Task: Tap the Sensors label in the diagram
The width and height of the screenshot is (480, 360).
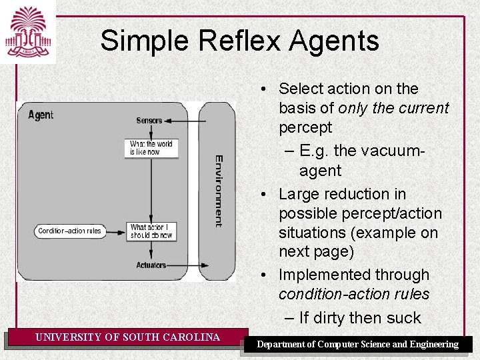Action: (149, 121)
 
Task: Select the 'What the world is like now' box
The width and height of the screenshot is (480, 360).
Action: (151, 148)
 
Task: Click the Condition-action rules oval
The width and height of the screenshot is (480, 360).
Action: (70, 231)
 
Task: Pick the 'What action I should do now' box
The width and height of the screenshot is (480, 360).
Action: (151, 231)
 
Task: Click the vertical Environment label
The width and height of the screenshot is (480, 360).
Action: (218, 191)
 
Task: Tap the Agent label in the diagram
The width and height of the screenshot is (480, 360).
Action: (41, 115)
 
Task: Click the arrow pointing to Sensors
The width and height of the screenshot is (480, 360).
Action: (183, 121)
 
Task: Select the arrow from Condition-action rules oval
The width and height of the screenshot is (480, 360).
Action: (115, 231)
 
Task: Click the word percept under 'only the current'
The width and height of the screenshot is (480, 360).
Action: (305, 127)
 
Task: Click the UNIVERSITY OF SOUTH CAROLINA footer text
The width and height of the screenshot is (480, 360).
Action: (127, 337)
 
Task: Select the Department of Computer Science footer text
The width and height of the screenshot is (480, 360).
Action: (358, 344)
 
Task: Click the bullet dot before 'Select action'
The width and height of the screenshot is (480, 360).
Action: (265, 89)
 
